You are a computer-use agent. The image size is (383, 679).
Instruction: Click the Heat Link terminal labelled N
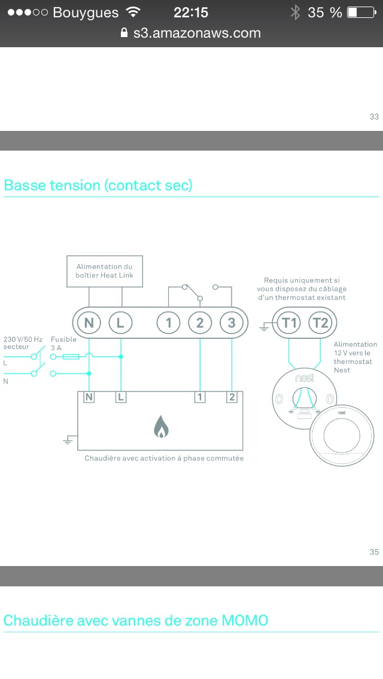coord(89,323)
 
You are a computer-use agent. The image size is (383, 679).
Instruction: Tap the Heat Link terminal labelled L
coord(120,323)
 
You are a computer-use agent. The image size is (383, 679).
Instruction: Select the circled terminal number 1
coord(168,323)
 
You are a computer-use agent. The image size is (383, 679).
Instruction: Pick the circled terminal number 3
coord(232,323)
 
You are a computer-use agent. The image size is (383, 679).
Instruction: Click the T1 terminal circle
coord(289,323)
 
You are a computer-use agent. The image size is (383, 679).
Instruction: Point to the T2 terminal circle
coord(321,323)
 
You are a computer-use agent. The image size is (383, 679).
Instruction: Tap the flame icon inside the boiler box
coord(161,426)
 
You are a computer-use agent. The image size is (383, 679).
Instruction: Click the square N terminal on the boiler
coord(89,397)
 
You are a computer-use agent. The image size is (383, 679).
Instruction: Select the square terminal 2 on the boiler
coord(232,397)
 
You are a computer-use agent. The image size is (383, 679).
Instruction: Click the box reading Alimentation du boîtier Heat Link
coord(105,271)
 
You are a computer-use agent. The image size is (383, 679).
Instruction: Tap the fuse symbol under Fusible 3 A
coord(71,357)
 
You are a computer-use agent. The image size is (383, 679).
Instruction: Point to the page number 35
coord(375,552)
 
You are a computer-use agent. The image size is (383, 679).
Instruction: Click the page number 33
coord(375,117)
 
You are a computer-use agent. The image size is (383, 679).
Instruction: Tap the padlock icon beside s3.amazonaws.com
coord(124,32)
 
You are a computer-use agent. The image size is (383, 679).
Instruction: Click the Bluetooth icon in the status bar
coord(296,12)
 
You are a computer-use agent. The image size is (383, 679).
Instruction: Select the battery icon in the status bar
coord(361,12)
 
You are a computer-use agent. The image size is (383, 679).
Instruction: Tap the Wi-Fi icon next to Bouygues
coord(133,12)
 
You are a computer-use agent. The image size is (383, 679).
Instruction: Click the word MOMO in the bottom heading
coord(245,620)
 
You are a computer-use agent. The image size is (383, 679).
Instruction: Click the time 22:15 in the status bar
coord(191,13)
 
